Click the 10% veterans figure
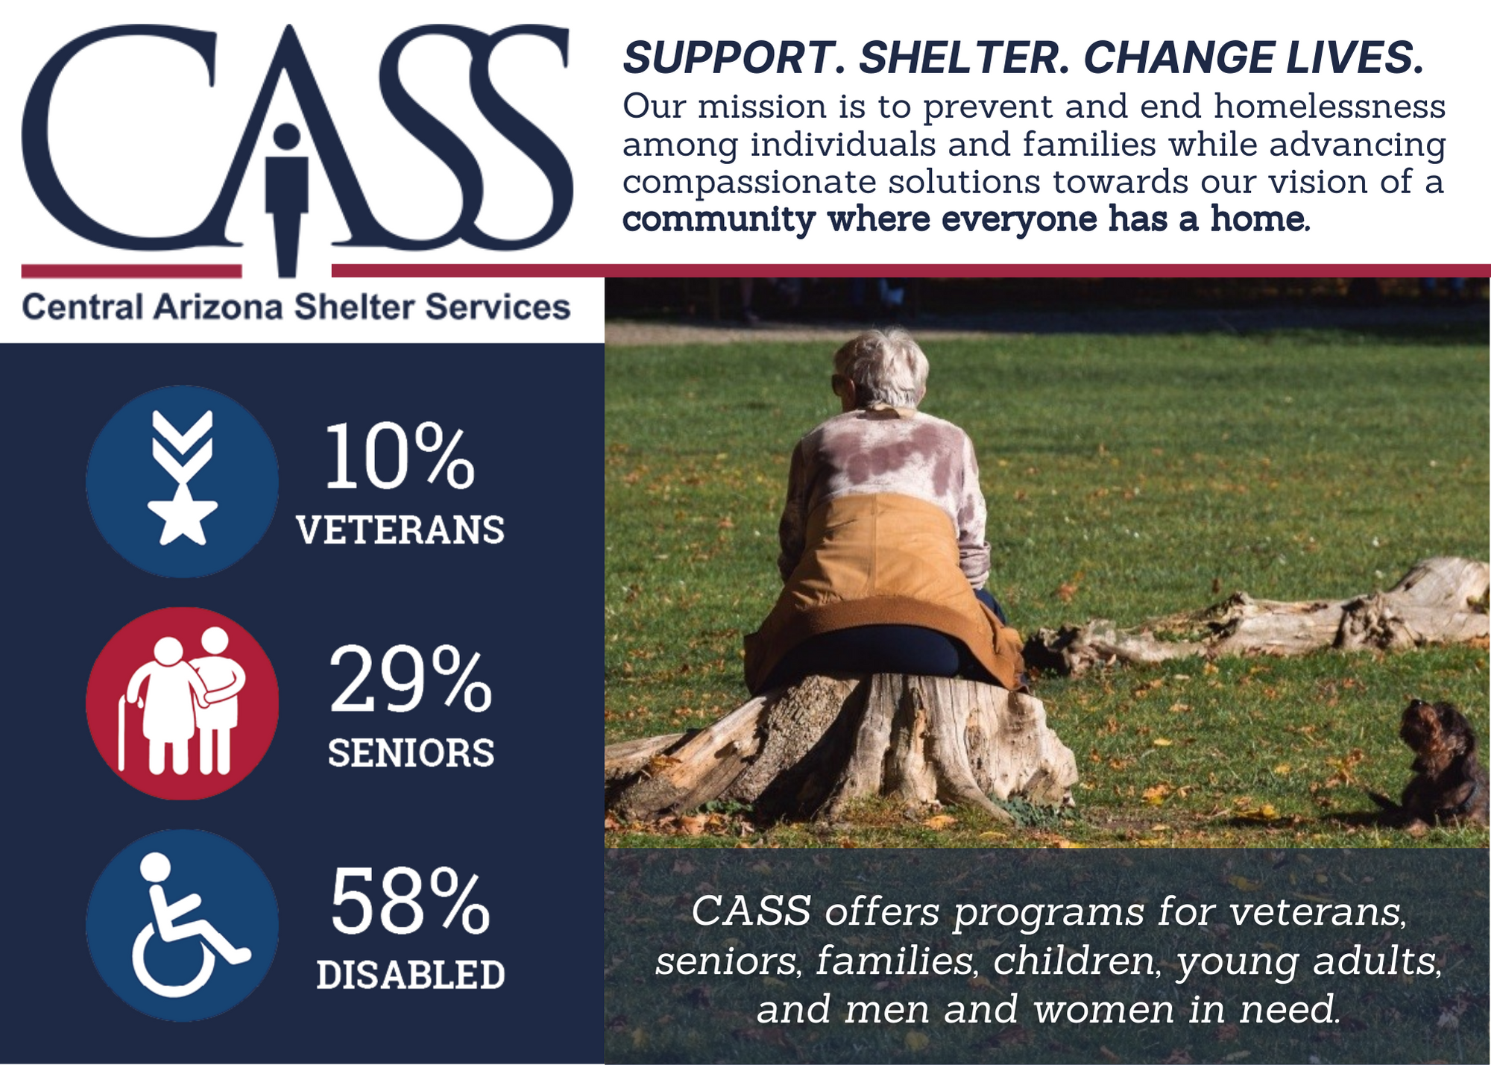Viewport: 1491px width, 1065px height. pos(400,456)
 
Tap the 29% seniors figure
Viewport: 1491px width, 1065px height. pos(411,679)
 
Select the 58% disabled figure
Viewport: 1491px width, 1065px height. pos(410,901)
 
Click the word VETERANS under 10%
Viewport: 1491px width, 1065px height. pos(400,530)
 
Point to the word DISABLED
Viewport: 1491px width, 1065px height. pos(411,975)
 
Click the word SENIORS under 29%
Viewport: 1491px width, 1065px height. pos(412,753)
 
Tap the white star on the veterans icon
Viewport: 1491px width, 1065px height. pos(183,515)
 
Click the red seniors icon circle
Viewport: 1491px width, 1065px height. pos(183,703)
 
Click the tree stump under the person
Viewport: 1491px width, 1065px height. pos(842,746)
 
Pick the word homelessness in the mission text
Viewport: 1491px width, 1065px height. pos(1330,107)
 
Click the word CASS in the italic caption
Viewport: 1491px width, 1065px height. pos(751,911)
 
